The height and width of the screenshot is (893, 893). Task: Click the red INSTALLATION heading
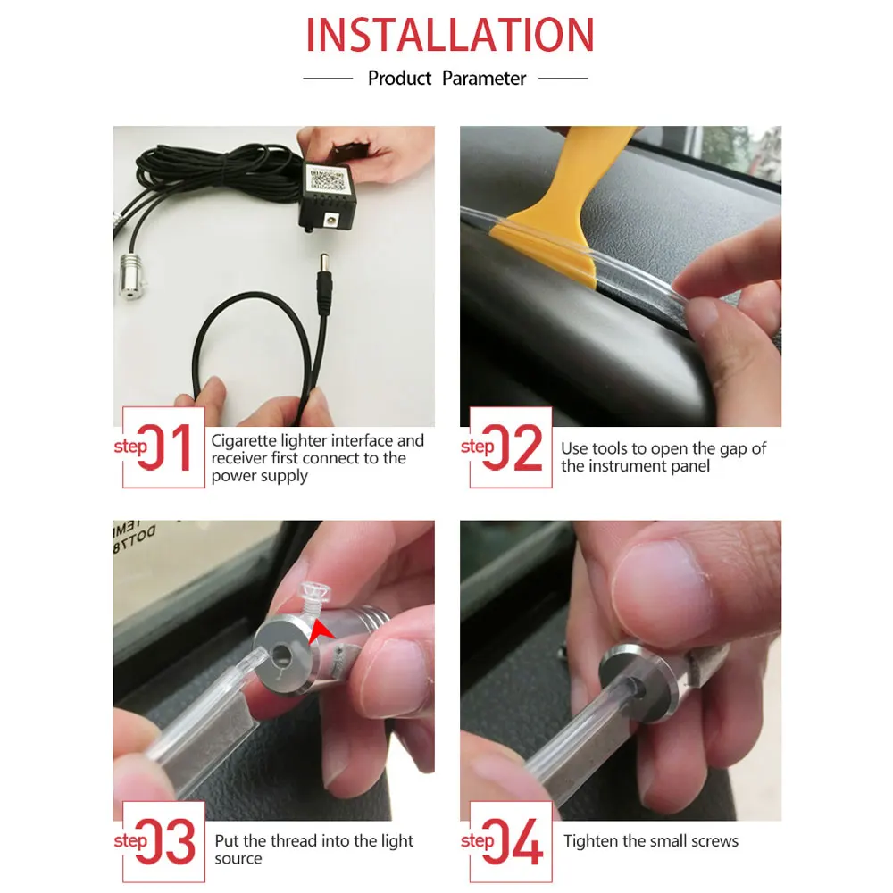tap(450, 36)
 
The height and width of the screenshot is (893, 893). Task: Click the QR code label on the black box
tap(326, 179)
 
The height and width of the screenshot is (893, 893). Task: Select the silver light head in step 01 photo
tap(132, 277)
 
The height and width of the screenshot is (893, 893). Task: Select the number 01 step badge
tap(163, 447)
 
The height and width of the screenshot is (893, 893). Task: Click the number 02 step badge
tap(511, 447)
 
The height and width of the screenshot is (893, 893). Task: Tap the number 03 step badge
tap(163, 842)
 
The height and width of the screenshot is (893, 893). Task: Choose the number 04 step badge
tap(511, 842)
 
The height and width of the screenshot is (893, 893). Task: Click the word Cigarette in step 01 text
tap(244, 441)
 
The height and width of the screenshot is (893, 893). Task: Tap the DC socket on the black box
tap(330, 219)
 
